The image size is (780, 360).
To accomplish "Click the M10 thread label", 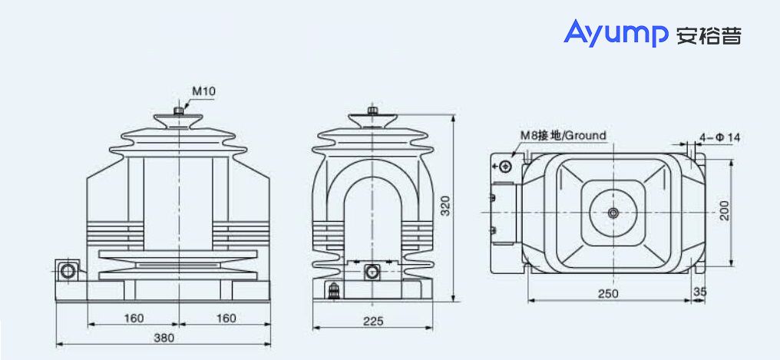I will [x=203, y=91].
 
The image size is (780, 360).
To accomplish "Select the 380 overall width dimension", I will [x=164, y=338].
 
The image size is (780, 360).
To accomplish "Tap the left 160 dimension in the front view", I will [x=134, y=318].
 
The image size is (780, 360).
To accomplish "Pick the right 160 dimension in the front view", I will [x=225, y=318].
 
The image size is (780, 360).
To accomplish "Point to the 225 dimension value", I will [x=372, y=322].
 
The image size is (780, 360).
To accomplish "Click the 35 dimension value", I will [x=699, y=293].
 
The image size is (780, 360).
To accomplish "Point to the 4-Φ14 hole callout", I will [x=719, y=137].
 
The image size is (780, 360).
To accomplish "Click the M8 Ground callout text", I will [x=564, y=136].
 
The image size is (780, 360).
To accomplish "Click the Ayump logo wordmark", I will [x=616, y=34].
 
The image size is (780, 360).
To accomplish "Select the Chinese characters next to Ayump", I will [x=709, y=35].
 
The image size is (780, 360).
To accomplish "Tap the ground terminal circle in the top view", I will [x=505, y=167].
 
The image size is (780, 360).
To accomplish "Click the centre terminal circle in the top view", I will [x=613, y=212].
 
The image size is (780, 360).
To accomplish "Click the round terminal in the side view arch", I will [x=372, y=272].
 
